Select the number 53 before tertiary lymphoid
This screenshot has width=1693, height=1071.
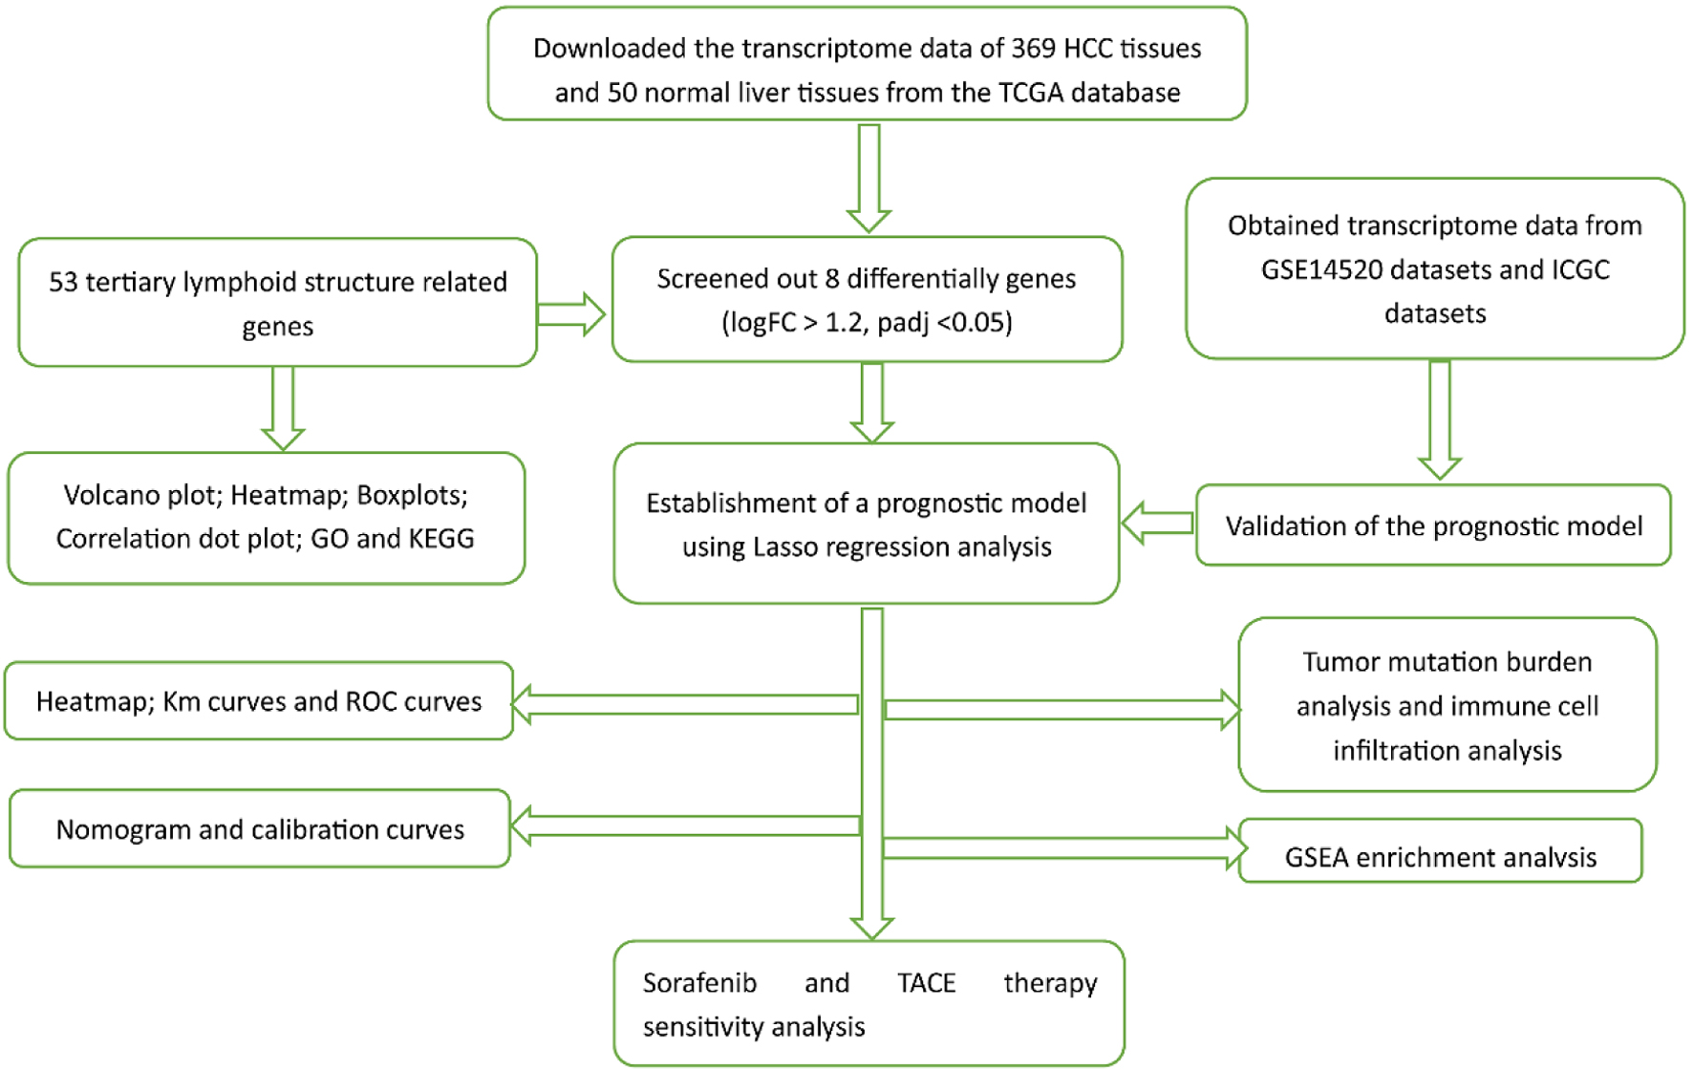click(63, 283)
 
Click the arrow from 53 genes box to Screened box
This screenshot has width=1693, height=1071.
click(571, 314)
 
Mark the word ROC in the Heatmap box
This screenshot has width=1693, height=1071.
click(371, 702)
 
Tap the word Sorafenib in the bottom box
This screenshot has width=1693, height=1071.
click(699, 983)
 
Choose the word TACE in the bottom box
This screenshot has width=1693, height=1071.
click(926, 983)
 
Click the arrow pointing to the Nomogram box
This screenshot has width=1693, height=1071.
click(686, 825)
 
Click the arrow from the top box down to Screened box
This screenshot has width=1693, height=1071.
click(868, 178)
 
